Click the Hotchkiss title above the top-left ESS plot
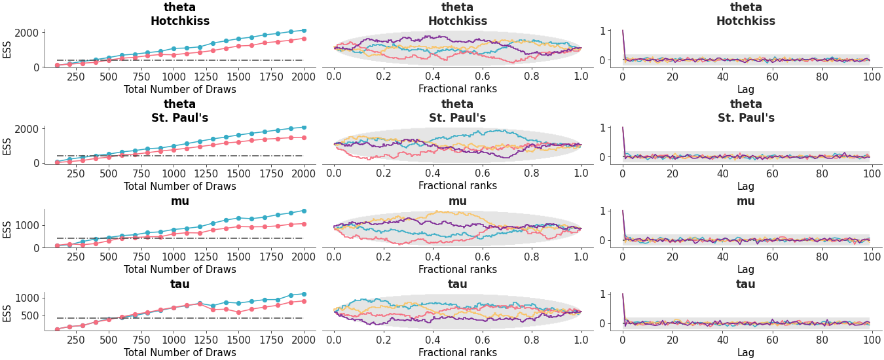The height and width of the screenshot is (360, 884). (x=180, y=21)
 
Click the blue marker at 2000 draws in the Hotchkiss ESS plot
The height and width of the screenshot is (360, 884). (x=303, y=30)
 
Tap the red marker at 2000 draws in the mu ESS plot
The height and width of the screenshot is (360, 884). (x=303, y=224)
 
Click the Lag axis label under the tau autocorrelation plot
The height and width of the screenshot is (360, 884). (x=746, y=352)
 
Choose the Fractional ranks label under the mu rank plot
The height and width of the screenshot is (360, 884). (x=457, y=269)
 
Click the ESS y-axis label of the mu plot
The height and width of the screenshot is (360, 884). (x=7, y=228)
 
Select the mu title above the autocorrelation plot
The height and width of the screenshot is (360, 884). (x=746, y=201)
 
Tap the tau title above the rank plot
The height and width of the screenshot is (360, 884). (x=457, y=284)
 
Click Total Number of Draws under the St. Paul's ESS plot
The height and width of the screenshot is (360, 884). (x=180, y=186)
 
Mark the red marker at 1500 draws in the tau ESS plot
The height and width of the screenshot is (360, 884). (x=238, y=312)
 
